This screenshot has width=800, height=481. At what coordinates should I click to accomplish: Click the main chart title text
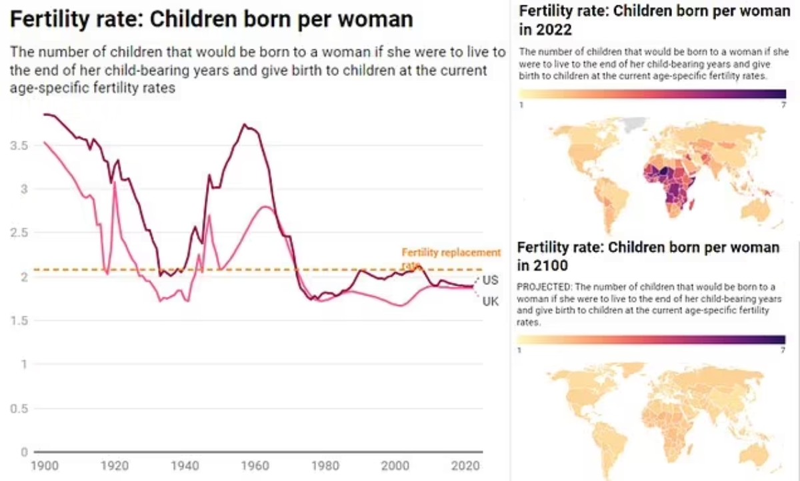[212, 19]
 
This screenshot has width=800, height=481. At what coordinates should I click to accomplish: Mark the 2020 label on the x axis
[461, 466]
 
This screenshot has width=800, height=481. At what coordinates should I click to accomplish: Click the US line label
[490, 279]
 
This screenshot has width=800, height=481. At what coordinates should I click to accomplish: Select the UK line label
[490, 302]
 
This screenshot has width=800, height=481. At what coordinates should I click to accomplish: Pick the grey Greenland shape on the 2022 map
[631, 125]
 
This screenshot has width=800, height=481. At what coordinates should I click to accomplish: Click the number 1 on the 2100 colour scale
[520, 349]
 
